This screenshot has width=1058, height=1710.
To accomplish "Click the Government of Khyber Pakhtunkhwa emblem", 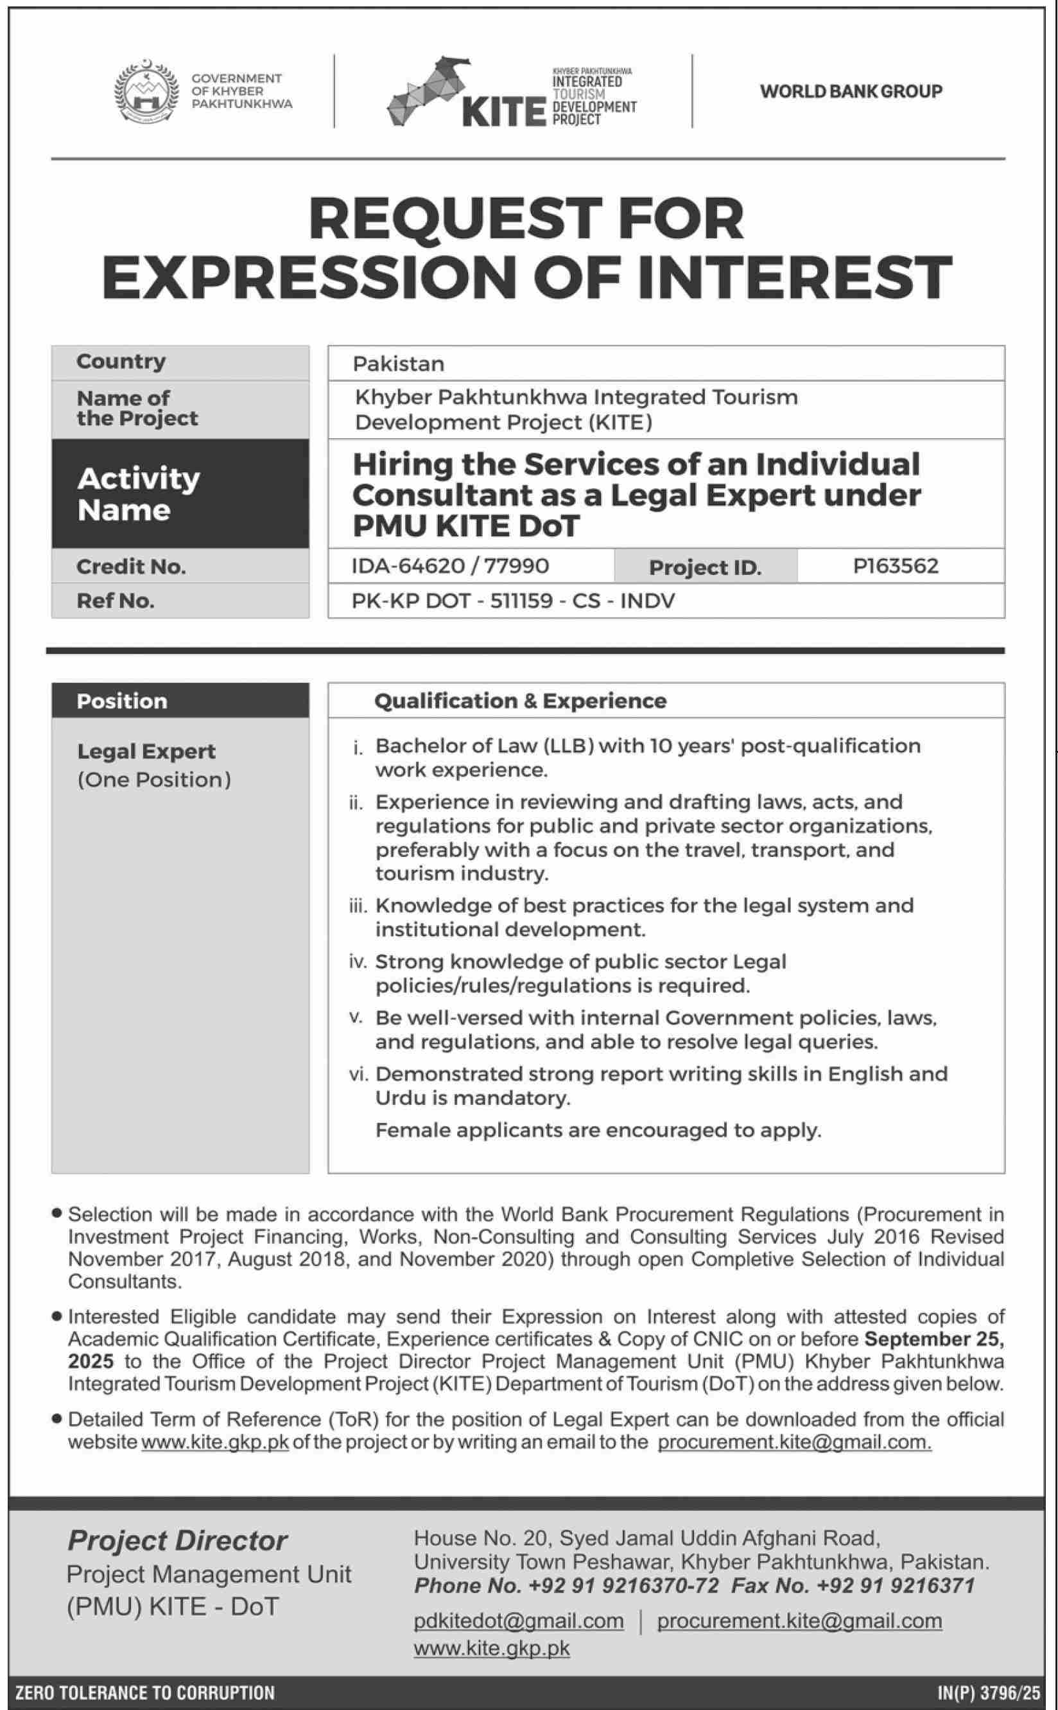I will pos(145,92).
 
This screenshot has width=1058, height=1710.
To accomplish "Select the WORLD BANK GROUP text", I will pos(851,91).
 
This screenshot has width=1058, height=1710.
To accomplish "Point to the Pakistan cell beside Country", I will pos(399,364).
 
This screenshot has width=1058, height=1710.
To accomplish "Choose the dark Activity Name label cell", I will pos(180,493).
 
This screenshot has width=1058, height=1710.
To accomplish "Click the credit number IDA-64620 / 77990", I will pos(450,565).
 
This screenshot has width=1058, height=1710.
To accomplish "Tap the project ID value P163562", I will pos(896,565).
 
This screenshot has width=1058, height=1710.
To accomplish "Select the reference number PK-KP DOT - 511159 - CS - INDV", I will pos(513,601).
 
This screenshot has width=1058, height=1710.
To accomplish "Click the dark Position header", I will pos(180,701).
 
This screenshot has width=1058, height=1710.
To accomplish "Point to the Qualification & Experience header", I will pos(520,701).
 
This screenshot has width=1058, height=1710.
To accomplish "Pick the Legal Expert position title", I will pos(146,751).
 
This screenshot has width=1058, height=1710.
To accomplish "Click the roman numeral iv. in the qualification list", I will pos(358,962).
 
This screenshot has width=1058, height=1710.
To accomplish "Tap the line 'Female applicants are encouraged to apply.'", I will pos(598,1131).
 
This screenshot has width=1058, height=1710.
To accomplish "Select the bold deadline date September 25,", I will pos(934,1339).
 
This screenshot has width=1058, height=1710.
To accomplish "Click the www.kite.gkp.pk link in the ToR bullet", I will pos(215,1443).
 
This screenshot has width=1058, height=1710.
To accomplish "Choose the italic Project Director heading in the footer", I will pos(177,1540).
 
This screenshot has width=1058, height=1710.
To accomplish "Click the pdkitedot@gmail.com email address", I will pos(519,1621).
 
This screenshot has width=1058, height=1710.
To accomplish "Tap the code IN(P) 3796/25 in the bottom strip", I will pos(989,1693).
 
